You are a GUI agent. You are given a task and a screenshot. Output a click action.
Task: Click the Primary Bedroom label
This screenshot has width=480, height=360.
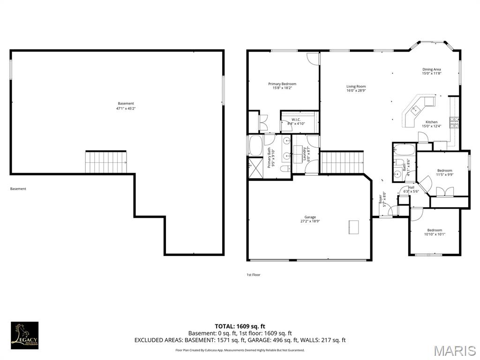point(282,84)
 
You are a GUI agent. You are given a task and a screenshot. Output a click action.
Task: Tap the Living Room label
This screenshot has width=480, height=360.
point(356,86)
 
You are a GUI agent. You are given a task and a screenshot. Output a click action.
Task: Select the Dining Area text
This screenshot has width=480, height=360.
point(431,69)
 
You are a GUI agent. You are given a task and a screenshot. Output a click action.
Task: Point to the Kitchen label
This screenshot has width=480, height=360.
point(431,122)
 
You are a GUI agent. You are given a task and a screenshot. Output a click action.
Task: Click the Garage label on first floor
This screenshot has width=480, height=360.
point(310,217)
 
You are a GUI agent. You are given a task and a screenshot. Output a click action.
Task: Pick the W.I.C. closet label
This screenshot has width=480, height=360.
point(296,120)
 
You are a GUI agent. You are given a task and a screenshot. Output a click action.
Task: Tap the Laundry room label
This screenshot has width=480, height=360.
point(305,155)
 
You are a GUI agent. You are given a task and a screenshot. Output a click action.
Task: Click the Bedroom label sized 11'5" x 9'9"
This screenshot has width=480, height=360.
point(444,171)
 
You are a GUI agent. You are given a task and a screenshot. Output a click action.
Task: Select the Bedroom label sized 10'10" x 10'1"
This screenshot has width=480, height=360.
point(435,230)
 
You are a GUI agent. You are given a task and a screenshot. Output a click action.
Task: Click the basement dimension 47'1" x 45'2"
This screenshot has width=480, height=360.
point(126,108)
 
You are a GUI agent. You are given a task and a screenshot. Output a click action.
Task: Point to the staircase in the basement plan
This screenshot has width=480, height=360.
point(106,162)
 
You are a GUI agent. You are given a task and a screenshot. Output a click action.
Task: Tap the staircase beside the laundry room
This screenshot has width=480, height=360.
point(342,162)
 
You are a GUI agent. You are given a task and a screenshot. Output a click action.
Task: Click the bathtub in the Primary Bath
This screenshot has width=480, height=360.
point(255,146)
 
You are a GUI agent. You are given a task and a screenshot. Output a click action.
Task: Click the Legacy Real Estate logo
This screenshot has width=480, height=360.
point(24,335)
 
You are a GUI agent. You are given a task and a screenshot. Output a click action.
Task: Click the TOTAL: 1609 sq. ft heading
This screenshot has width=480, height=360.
point(240,326)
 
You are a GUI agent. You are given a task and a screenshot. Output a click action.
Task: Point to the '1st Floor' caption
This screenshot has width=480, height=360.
point(253,275)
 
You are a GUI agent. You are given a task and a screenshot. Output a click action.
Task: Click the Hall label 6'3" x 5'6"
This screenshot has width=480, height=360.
point(411,187)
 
